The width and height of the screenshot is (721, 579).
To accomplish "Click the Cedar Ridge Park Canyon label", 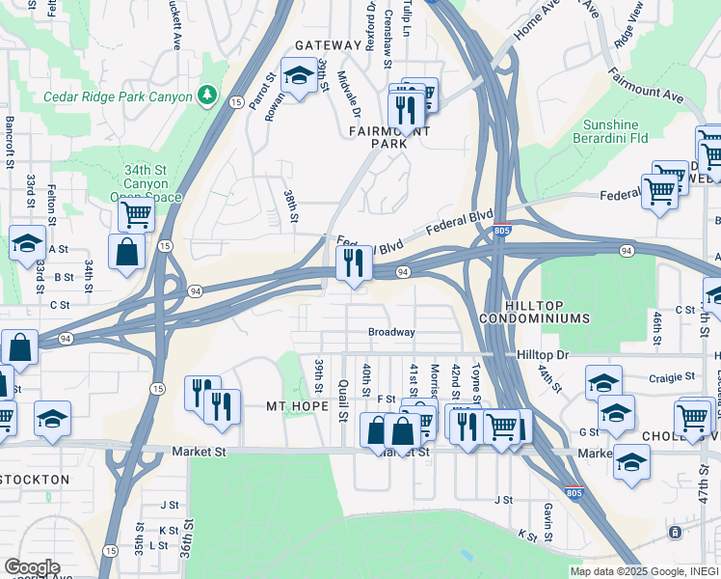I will click(118, 96).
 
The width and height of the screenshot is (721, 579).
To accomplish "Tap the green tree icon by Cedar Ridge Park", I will click(205, 95).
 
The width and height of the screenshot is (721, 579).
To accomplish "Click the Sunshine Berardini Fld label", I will click(624, 131).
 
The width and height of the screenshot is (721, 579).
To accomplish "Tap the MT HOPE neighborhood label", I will click(298, 407).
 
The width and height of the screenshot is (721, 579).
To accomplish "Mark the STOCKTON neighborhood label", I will click(35, 479).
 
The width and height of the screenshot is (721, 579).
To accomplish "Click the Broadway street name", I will click(391, 332).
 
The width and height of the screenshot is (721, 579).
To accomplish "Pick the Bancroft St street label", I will click(10, 143).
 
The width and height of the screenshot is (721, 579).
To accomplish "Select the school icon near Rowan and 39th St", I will click(299, 75).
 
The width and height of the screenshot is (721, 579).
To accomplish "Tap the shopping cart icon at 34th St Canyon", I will click(136, 214).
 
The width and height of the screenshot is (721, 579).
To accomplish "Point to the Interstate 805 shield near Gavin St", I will click(574, 492).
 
